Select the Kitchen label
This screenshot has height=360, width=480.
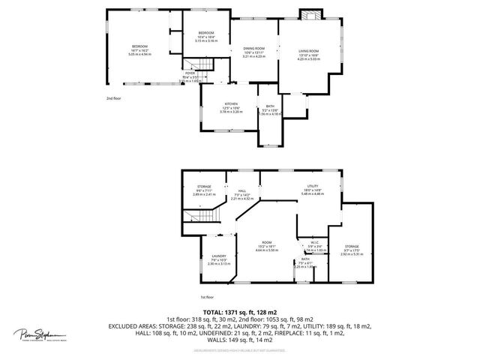pyautogui.click(x=232, y=104)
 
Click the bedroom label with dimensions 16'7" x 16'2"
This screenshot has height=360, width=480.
pyautogui.click(x=141, y=46)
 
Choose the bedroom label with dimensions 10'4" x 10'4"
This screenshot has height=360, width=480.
pyautogui.click(x=206, y=33)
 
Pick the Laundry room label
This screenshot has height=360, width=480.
pyautogui.click(x=218, y=256)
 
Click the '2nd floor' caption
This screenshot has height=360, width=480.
pyautogui.click(x=113, y=97)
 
